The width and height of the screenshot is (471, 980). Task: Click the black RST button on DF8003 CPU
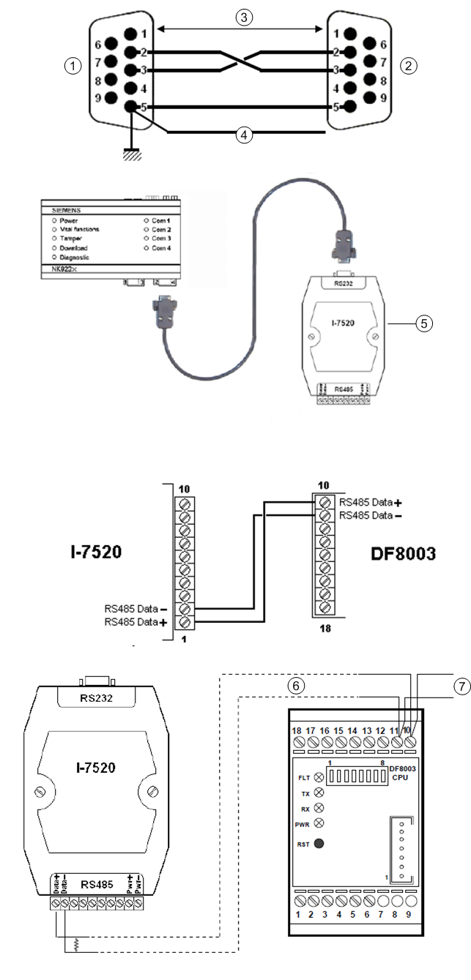(319, 844)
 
